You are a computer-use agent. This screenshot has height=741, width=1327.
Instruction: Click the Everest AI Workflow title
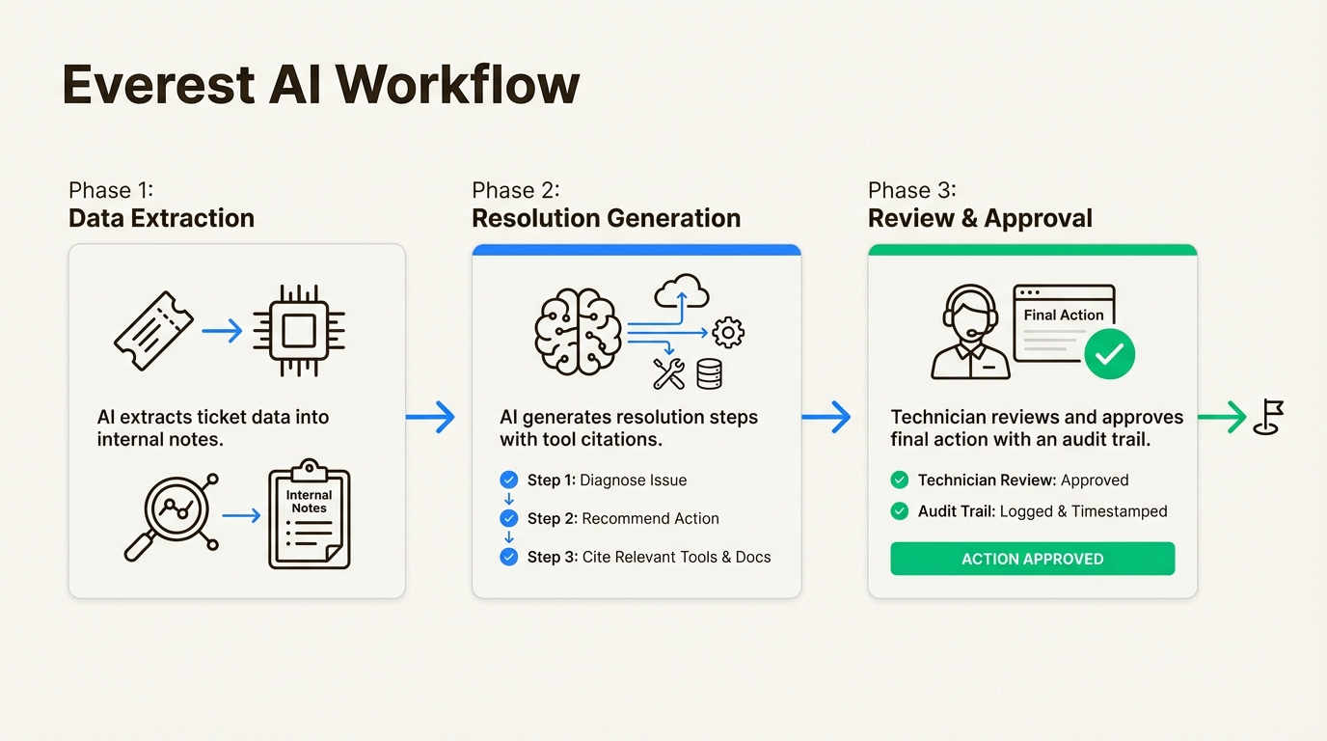pos(320,85)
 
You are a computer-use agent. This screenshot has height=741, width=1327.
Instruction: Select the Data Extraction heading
pos(161,218)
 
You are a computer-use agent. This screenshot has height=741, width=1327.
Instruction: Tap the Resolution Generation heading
pos(606,218)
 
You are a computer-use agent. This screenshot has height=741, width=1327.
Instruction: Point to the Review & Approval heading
pos(980,218)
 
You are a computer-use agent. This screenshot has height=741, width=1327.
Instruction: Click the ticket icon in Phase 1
pos(153,331)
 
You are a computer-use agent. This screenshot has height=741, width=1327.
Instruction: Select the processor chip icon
pos(299,330)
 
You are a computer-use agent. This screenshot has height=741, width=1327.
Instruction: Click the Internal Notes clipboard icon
pos(309,513)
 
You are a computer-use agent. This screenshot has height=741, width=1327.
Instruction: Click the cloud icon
pos(681,289)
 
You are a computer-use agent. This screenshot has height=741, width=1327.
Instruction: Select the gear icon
pos(727,333)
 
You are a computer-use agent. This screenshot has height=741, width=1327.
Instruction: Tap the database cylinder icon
pos(709,373)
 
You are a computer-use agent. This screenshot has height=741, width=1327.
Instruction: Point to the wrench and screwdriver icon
pos(668,373)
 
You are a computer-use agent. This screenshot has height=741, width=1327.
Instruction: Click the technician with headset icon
pos(970,332)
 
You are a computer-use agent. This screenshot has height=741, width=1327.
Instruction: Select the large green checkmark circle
pos(1109,354)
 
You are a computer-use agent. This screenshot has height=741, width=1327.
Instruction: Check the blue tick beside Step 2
pos(509,518)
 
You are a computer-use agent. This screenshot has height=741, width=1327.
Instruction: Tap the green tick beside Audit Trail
pos(900,511)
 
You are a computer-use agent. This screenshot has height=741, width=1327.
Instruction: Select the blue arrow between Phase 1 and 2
pos(430,417)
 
